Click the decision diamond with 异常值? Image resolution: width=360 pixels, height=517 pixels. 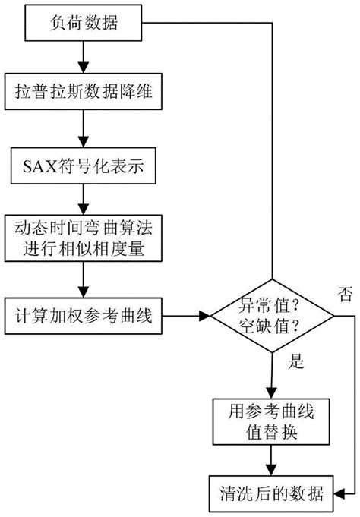(x=272, y=314)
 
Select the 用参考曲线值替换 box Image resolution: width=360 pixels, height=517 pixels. (x=272, y=421)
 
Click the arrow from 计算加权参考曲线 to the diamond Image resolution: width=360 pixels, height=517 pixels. (x=185, y=314)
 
